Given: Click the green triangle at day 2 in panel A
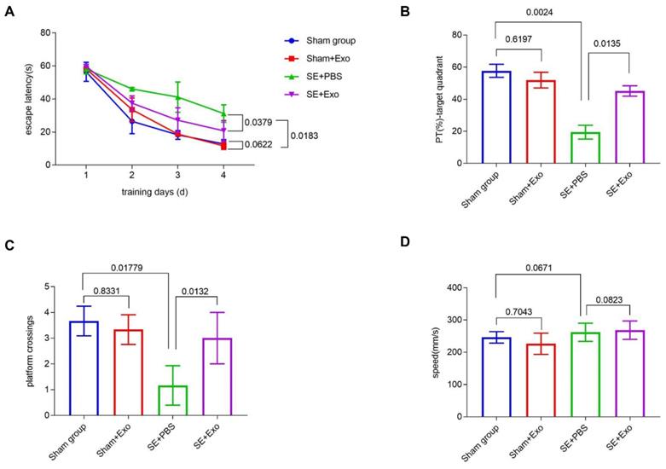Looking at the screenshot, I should [132, 89].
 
